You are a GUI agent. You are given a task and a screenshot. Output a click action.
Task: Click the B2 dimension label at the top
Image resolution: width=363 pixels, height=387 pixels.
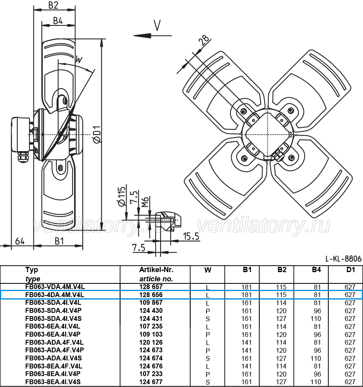[x=53, y=5]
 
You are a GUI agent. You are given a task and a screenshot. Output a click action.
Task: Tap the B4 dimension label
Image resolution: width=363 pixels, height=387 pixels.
[x=58, y=21]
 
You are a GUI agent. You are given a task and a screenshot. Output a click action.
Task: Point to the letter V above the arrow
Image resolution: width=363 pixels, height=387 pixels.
[x=157, y=25]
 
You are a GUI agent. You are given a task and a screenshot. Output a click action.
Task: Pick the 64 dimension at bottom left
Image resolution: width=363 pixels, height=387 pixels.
[x=20, y=241]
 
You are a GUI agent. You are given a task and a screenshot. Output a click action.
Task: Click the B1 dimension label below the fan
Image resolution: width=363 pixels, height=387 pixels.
[x=59, y=241]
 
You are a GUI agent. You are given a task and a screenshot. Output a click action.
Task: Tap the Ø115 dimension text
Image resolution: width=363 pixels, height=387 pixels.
[x=121, y=196]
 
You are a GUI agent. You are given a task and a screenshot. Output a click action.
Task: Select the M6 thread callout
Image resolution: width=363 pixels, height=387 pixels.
[x=145, y=202]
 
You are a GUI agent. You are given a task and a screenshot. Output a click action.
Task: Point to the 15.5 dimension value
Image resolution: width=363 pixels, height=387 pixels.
[x=191, y=236]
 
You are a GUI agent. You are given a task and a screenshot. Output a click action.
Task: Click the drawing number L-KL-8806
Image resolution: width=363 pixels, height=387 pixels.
[x=344, y=259]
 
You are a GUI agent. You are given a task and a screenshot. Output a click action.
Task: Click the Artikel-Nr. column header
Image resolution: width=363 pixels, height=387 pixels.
[x=156, y=270]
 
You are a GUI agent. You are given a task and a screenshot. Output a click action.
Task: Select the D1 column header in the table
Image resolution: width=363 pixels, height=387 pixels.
[x=350, y=270]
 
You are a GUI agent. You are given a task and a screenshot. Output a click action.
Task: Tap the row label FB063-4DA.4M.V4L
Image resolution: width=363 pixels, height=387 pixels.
[x=55, y=295]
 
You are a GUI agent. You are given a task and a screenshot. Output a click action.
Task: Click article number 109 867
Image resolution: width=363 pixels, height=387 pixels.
[x=151, y=303]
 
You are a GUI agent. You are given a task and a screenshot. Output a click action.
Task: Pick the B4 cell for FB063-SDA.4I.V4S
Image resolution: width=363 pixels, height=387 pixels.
[x=315, y=318]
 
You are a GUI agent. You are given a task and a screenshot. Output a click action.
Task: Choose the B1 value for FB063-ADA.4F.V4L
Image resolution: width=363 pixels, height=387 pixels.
[x=246, y=342]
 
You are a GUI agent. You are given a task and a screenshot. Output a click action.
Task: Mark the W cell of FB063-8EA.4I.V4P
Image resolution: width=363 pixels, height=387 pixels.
[x=208, y=375]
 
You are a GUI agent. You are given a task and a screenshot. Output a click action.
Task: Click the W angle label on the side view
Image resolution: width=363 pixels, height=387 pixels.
[x=79, y=60]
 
